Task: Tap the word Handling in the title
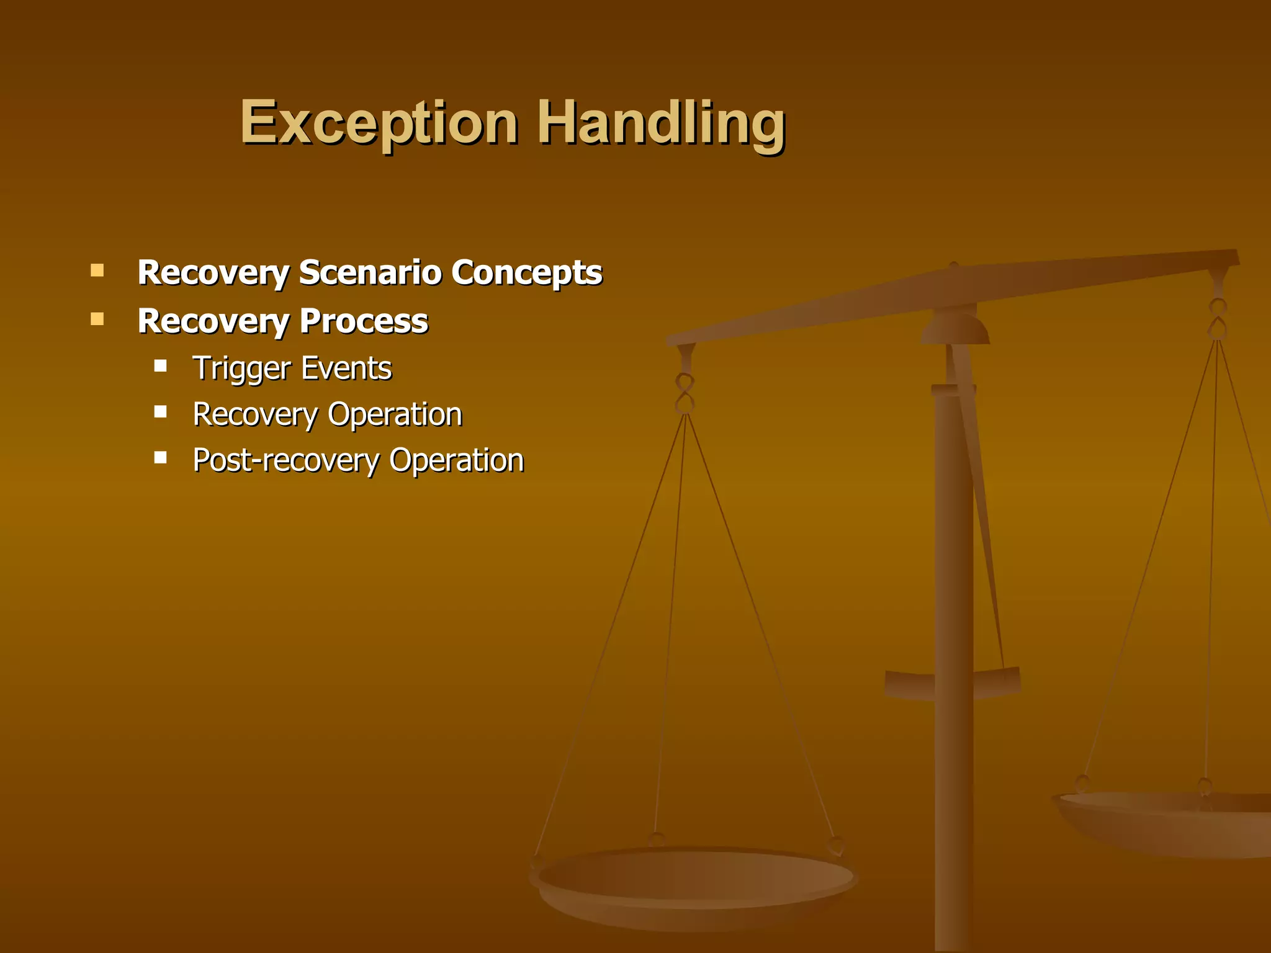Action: click(x=662, y=123)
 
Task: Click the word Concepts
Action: click(x=526, y=272)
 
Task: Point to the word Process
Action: click(x=364, y=321)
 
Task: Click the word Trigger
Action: click(x=241, y=369)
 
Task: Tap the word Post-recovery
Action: click(x=286, y=460)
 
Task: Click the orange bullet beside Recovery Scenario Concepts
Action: click(x=97, y=271)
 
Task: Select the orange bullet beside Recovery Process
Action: click(x=97, y=320)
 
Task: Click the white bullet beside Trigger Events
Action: click(x=161, y=365)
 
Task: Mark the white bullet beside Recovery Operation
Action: click(x=161, y=411)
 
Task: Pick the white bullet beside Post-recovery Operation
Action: click(x=161, y=458)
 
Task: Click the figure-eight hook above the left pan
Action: click(x=685, y=393)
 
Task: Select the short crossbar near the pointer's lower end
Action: click(x=953, y=682)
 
